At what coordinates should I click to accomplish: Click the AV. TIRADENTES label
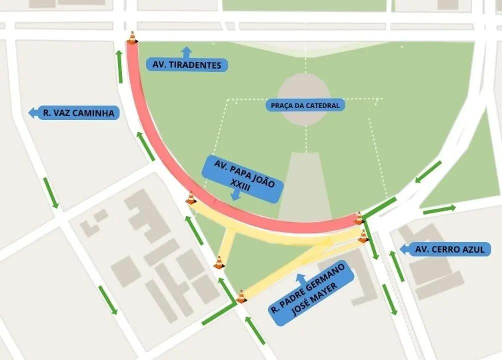click(187, 65)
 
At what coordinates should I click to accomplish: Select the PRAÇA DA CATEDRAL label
click(305, 105)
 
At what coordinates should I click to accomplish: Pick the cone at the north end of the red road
click(132, 38)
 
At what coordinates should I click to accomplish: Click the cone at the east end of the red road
click(358, 218)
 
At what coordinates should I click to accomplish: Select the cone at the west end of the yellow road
click(190, 198)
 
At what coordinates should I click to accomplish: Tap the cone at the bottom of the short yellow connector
click(218, 262)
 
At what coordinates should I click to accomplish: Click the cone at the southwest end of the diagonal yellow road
click(241, 296)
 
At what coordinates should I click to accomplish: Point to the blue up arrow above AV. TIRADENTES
click(186, 51)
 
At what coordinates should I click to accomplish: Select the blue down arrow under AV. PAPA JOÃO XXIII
click(234, 195)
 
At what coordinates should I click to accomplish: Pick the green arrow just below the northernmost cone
click(120, 66)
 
